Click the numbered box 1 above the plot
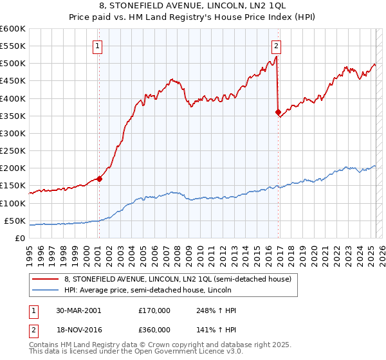pos(97,46)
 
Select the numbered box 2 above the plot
pos(276,46)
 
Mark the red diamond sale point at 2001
pos(100,179)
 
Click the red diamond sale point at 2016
pos(279,113)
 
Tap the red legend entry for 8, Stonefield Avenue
pos(178,279)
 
